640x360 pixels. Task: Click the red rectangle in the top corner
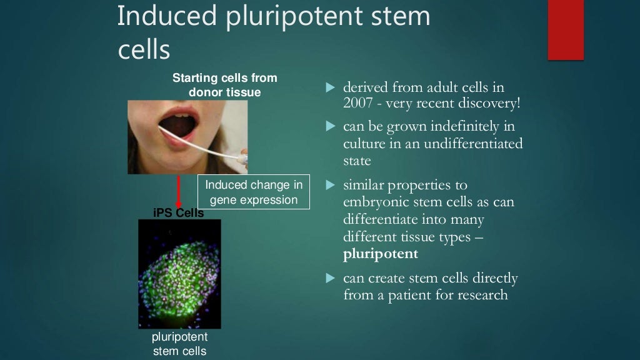[x=566, y=30]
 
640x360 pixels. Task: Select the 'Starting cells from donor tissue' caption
[x=225, y=86]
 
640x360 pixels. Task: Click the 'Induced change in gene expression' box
[x=254, y=192]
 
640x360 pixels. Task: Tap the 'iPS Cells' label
[x=179, y=213]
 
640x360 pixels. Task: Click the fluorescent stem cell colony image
[x=179, y=274]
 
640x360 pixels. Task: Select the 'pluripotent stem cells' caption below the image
[x=179, y=344]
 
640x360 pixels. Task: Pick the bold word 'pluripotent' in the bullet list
[x=381, y=254]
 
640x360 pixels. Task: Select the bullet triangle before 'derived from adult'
[x=331, y=87]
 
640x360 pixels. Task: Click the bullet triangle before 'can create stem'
[x=331, y=278]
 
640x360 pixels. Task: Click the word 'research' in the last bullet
[x=481, y=295]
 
